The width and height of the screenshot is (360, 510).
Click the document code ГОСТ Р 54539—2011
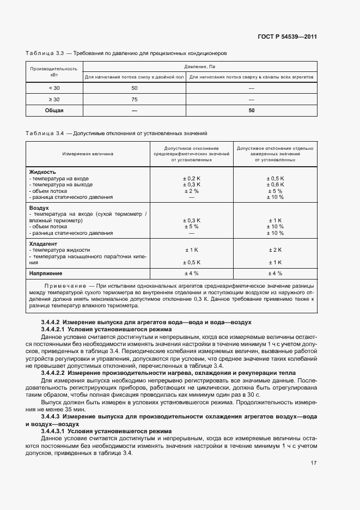click(288, 37)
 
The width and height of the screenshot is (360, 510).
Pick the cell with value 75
click(135, 99)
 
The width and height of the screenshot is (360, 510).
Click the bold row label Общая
click(54, 111)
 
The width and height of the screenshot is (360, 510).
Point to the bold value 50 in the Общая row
click(251, 111)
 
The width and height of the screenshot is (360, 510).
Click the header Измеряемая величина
click(87, 154)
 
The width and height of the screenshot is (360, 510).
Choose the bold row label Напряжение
click(45, 273)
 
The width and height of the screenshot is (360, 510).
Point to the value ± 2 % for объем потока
click(191, 191)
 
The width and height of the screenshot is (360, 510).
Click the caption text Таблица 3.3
click(45, 53)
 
